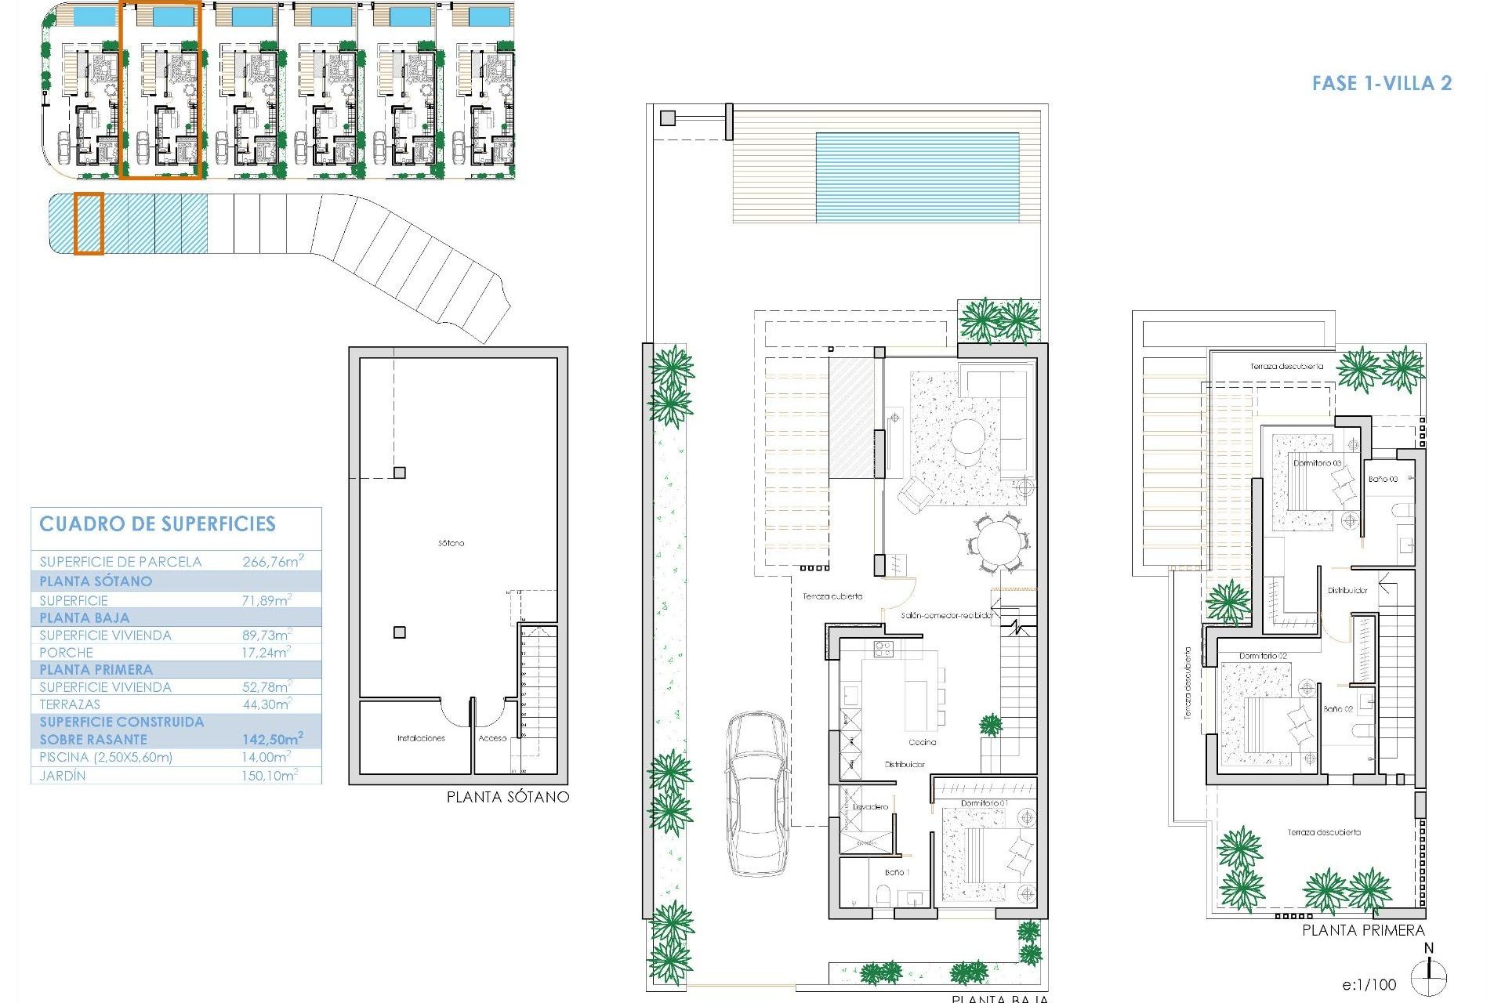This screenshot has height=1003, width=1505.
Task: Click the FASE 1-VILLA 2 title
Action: (1381, 83)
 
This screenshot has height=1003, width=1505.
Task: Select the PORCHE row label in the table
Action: (67, 652)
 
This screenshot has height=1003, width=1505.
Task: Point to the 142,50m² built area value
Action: (272, 739)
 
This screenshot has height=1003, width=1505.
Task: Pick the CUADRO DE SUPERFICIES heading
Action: (158, 524)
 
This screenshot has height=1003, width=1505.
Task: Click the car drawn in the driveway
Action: (757, 794)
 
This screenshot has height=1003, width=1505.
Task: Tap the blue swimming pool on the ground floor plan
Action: (916, 177)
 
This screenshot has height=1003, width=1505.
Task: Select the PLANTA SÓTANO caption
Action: (507, 797)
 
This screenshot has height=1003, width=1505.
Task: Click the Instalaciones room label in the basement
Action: (421, 738)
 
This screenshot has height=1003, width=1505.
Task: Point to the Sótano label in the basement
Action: (451, 542)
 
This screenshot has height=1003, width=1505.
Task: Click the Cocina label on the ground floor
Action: (922, 742)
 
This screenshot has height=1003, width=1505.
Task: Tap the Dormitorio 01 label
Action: (984, 803)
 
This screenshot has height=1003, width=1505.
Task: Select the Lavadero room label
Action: (871, 806)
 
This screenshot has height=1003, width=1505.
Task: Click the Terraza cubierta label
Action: (832, 596)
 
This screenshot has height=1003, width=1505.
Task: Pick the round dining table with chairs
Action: (998, 542)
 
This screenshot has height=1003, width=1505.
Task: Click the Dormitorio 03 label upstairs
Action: (1317, 463)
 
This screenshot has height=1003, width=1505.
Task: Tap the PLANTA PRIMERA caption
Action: (1363, 930)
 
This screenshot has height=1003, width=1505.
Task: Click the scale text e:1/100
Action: (1369, 984)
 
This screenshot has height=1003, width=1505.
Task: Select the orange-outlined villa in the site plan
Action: (161, 90)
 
